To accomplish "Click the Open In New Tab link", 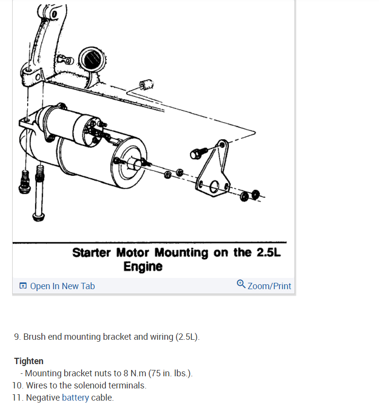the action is [62, 286].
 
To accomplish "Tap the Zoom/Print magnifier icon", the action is [241, 284].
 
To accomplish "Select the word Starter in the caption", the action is [92, 253].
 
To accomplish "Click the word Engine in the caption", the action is [142, 267].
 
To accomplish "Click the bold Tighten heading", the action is [29, 361].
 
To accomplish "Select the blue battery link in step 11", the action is [75, 398].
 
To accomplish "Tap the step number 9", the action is [17, 337].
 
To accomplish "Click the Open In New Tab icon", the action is [23, 286].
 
